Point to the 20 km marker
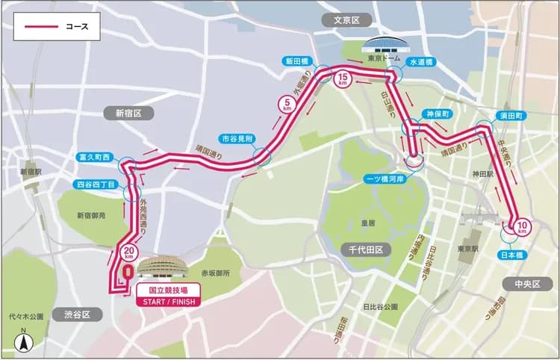click(129, 252)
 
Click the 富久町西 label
click(94, 158)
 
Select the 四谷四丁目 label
click(96, 184)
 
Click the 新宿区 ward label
click(134, 113)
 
